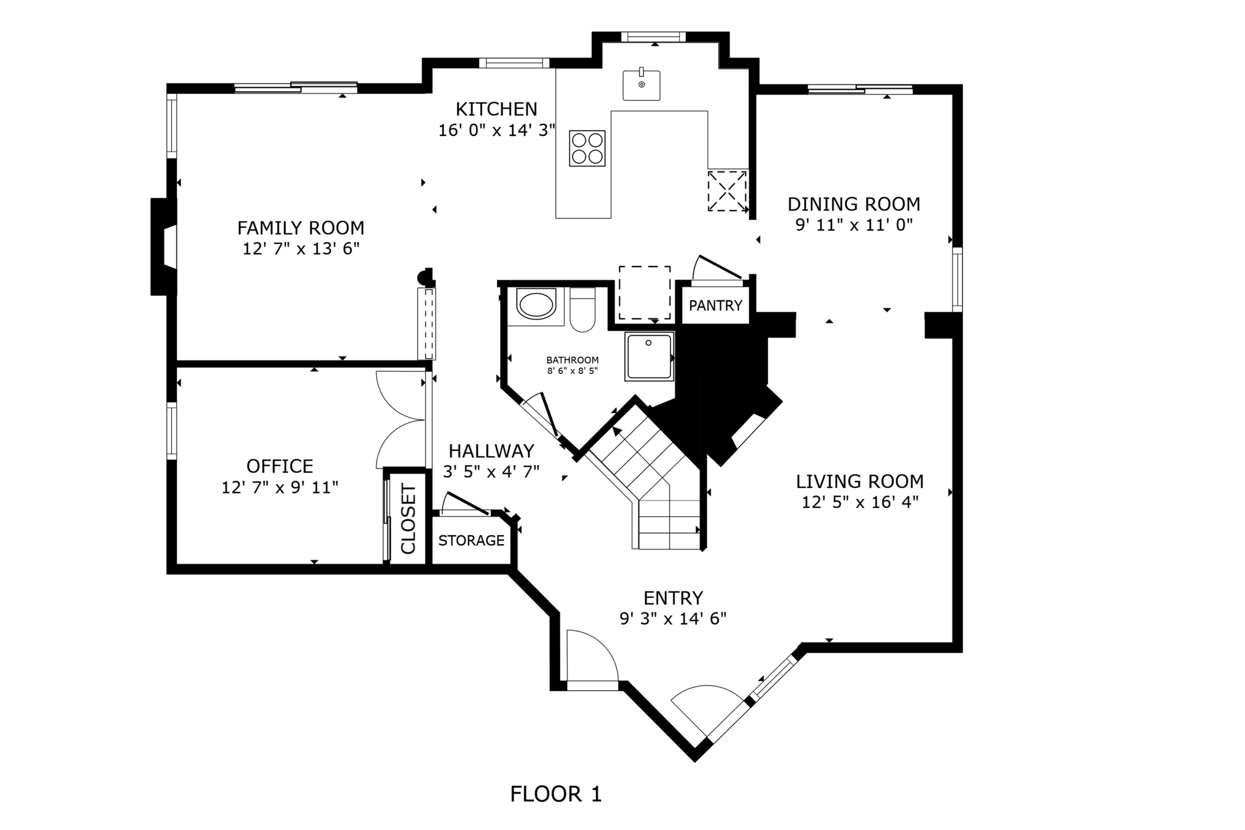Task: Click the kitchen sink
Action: (641, 85)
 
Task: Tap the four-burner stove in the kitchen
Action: (587, 148)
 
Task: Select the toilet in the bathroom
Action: (582, 309)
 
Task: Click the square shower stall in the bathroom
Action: (649, 356)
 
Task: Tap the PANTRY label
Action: (716, 305)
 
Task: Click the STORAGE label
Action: (471, 541)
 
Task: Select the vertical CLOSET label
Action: (409, 519)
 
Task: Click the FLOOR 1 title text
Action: (556, 794)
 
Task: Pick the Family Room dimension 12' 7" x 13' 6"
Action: (301, 249)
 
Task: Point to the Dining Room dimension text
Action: (854, 225)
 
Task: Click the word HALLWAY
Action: (491, 451)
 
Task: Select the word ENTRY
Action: (673, 598)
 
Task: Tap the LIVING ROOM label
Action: (860, 482)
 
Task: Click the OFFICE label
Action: (280, 466)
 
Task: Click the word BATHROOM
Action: (572, 360)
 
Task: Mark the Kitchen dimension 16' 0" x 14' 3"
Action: (497, 130)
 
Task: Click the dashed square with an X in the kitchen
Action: (727, 191)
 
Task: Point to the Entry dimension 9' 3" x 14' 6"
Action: (673, 619)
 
